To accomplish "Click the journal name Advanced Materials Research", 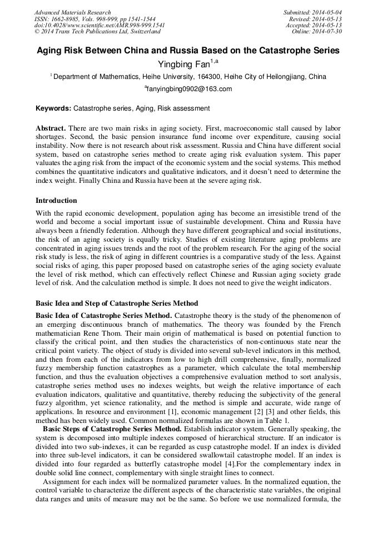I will (x=72, y=12).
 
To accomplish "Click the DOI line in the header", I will (x=100, y=26).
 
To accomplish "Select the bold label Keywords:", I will (x=53, y=108).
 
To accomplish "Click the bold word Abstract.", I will (x=51, y=128).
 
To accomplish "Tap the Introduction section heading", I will (x=56, y=200).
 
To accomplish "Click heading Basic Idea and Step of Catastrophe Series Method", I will (x=117, y=303).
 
